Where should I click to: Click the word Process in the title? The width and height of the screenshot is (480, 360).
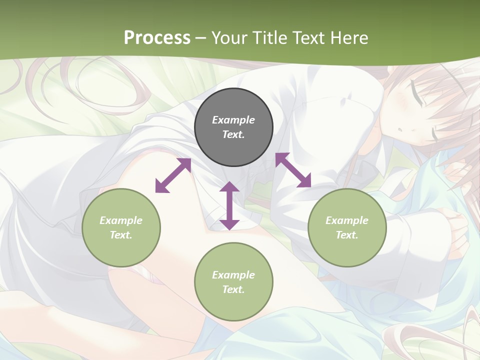157,37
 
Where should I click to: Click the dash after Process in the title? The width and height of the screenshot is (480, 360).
200,38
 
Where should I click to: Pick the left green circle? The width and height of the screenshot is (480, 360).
121,227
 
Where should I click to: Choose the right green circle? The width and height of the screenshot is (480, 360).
347,227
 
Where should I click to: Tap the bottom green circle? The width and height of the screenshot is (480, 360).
233,282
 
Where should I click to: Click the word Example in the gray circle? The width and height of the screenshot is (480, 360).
233,120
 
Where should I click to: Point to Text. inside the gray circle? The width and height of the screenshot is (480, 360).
233,134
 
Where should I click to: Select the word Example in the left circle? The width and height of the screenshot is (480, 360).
121,220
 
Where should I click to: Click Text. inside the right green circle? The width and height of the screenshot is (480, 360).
347,235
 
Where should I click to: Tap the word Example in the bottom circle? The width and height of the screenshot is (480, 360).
233,275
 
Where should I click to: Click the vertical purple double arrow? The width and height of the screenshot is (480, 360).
229,206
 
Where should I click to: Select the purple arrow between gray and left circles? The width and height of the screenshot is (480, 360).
173,175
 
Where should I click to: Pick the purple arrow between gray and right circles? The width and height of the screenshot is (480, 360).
293,170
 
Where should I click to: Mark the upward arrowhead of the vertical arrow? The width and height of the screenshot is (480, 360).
229,187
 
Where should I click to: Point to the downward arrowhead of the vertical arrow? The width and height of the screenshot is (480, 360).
229,224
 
